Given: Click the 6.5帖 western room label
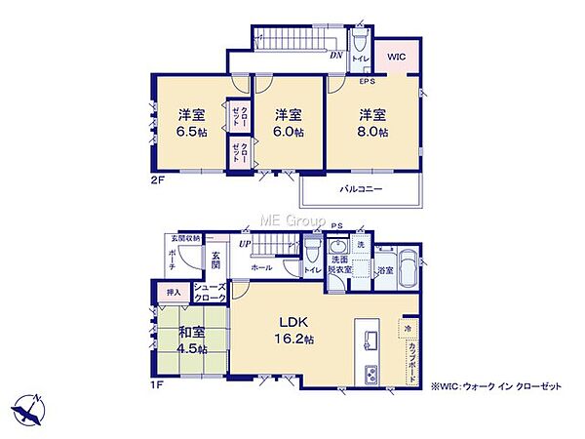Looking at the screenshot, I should click(189, 122).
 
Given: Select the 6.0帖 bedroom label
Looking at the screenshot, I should click(285, 122).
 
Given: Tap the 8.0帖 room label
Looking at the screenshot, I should click(370, 122).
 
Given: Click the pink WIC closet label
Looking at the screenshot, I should click(396, 58).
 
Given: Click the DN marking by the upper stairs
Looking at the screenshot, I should click(334, 55).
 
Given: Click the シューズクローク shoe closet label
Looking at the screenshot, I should click(210, 291).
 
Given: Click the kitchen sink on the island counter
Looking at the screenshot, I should click(371, 340).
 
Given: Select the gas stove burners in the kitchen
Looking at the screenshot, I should click(370, 376).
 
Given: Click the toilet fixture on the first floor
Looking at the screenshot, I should click(310, 252).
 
